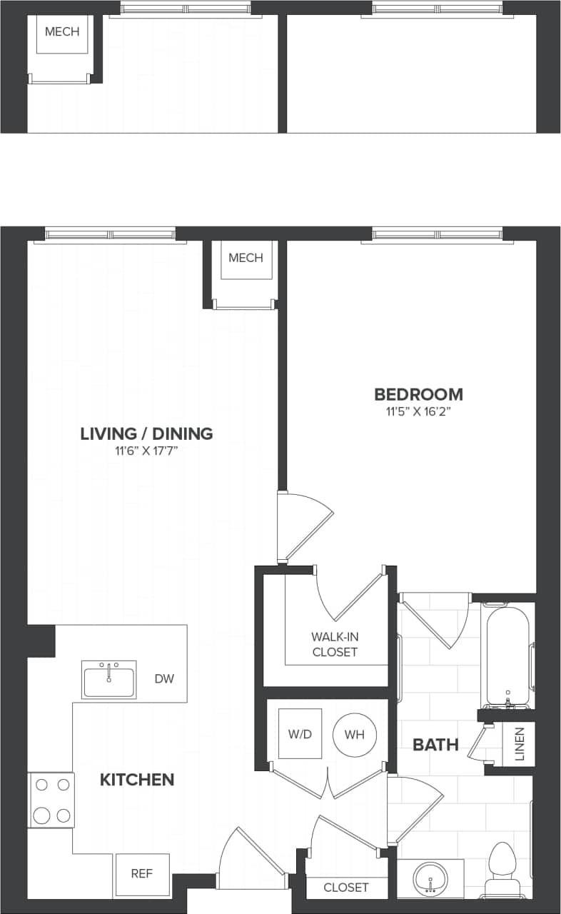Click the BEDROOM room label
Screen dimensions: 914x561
[x=418, y=394]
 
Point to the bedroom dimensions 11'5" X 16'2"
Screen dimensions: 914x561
[x=418, y=412]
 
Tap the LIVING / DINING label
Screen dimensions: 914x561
[x=146, y=433]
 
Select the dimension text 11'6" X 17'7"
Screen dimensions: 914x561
[x=146, y=451]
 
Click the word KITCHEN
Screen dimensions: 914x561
[x=137, y=780]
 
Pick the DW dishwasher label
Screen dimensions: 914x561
[x=164, y=679]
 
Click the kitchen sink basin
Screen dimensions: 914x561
[x=109, y=679]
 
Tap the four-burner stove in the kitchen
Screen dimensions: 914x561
[x=51, y=800]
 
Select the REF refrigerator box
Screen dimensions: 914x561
[x=142, y=874]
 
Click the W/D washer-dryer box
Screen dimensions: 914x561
[x=300, y=734]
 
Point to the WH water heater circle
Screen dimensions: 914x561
[x=355, y=734]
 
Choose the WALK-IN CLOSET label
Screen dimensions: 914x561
[x=334, y=644]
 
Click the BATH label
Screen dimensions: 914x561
[x=435, y=745]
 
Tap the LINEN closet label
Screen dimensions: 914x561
[x=519, y=745]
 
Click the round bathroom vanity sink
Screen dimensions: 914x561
[x=430, y=877]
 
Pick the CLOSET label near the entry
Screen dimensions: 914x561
[x=346, y=888]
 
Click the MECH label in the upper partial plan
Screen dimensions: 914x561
[x=62, y=32]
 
